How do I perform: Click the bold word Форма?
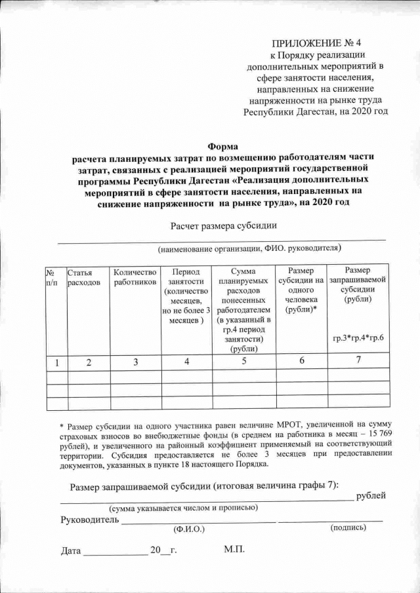click(221, 146)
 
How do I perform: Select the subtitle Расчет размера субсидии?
click(223, 226)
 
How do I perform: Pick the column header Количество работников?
click(135, 277)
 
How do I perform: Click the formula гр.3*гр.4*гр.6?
click(358, 338)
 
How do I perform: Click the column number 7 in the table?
click(358, 360)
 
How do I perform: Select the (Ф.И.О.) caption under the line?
click(188, 528)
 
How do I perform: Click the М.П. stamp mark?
click(234, 549)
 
